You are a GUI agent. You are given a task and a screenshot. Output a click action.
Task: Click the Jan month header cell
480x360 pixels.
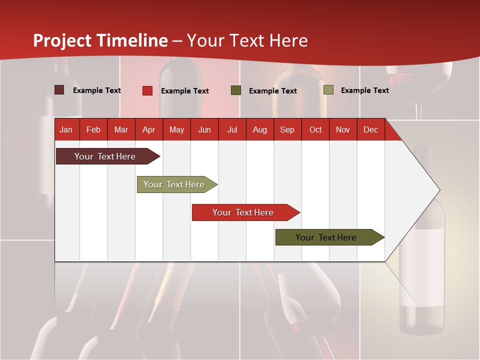[66, 129]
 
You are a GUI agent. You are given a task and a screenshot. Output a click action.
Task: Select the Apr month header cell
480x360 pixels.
[148, 129]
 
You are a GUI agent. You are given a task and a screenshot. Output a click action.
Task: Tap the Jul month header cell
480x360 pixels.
[232, 129]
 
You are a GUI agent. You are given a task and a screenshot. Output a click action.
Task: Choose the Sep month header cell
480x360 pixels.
[287, 129]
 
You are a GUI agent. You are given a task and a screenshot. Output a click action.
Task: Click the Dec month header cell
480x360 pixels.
[370, 129]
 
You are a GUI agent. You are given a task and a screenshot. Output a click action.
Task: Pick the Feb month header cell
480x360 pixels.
[93, 129]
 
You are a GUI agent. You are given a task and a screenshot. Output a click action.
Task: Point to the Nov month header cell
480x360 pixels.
[342, 129]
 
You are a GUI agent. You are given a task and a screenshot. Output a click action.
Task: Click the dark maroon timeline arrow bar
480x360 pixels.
[105, 156]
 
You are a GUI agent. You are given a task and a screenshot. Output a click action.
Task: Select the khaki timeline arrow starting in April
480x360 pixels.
[174, 184]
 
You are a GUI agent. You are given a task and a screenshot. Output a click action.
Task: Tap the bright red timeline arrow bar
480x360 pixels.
[243, 212]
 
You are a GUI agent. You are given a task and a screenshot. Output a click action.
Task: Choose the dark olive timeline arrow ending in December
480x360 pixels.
[326, 237]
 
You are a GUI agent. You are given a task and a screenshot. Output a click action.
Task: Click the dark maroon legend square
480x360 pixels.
[59, 90]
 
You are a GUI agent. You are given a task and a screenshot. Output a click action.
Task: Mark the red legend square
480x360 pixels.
[147, 90]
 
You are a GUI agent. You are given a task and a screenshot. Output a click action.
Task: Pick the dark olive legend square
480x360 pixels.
[236, 90]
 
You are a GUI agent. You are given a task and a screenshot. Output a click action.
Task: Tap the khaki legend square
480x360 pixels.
[328, 90]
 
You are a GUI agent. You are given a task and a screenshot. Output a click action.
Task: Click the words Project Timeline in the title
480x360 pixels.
[100, 40]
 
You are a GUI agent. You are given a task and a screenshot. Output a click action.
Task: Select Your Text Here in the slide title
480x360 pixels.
[247, 40]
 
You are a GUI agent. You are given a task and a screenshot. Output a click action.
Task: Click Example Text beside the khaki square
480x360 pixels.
[364, 90]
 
